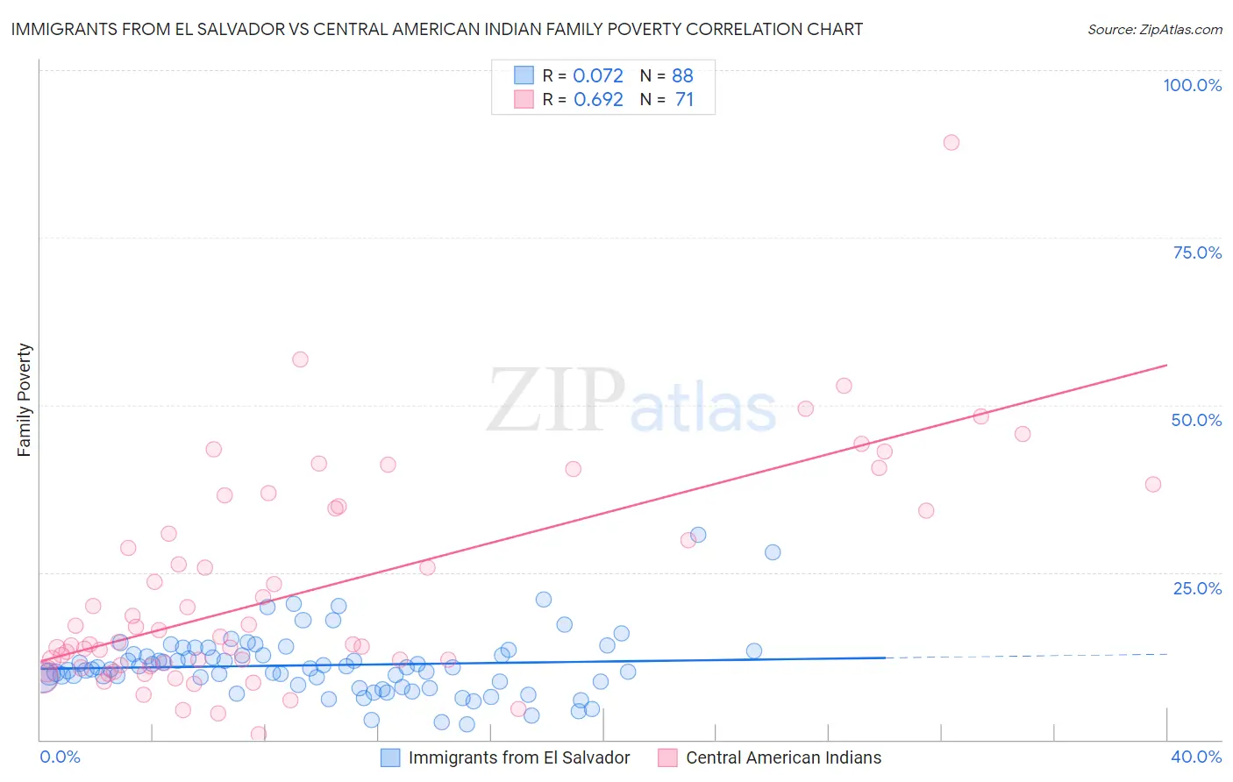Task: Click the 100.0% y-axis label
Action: (1192, 85)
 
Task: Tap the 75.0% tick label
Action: (1197, 252)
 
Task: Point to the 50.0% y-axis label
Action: (1196, 420)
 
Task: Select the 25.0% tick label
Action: (1197, 588)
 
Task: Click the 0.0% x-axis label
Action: (60, 757)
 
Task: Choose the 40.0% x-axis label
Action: (1196, 757)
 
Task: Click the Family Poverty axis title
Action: (25, 400)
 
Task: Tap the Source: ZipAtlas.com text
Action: (1154, 30)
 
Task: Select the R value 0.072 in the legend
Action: (598, 75)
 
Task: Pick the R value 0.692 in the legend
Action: (598, 100)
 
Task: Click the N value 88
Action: (682, 75)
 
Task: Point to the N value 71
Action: (684, 100)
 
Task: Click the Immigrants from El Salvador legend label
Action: (519, 757)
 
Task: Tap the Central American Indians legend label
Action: (783, 757)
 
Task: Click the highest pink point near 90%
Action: (951, 142)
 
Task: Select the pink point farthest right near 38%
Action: (1153, 484)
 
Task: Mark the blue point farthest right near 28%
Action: (773, 552)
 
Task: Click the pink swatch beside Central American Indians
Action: (667, 757)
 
